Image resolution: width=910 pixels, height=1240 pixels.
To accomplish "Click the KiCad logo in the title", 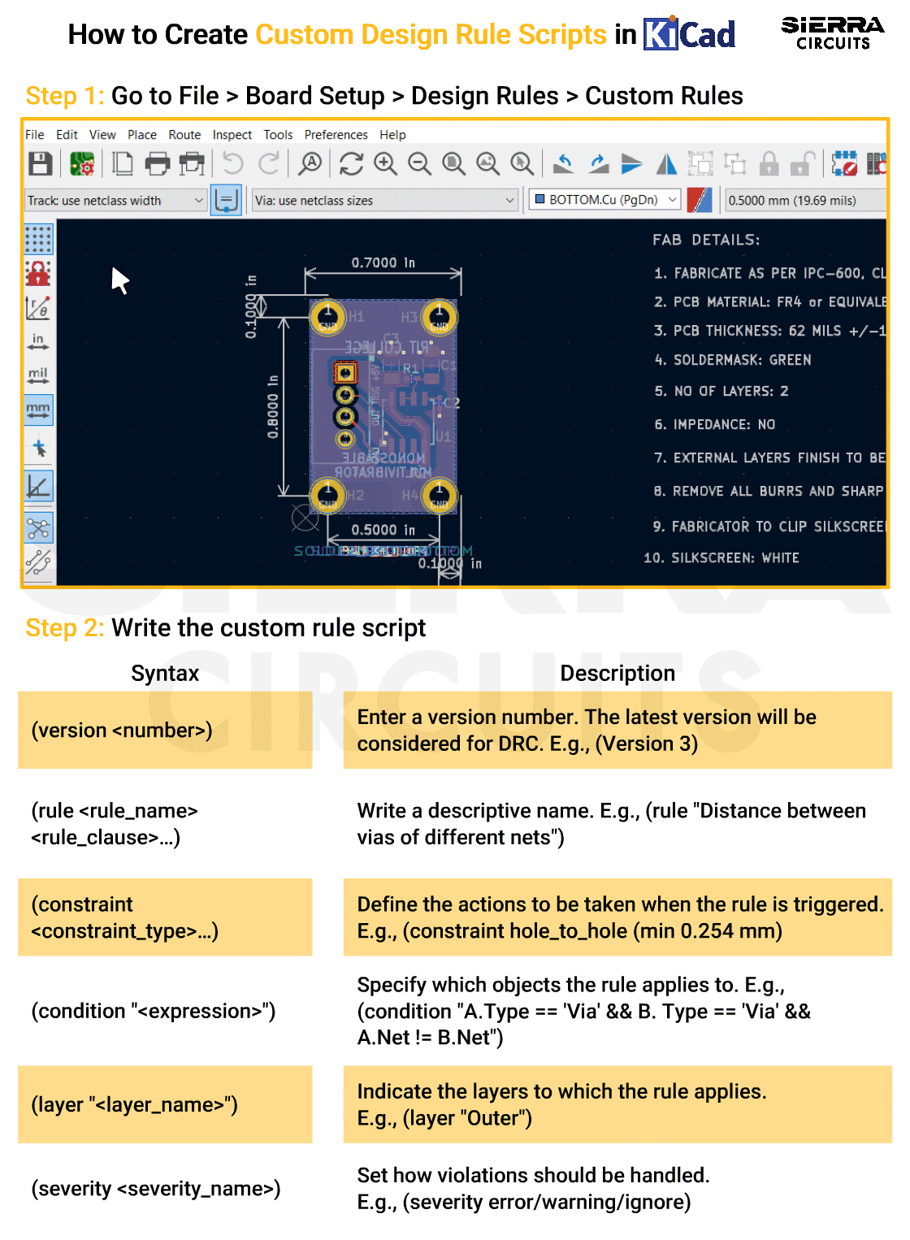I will [689, 34].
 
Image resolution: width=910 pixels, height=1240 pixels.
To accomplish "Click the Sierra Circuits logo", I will [832, 33].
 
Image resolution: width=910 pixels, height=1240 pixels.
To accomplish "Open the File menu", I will [35, 135].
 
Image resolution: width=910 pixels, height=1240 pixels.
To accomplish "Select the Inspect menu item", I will [232, 135].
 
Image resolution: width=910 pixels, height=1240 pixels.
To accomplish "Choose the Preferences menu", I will [336, 135].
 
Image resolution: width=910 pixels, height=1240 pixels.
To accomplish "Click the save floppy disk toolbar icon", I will [41, 164].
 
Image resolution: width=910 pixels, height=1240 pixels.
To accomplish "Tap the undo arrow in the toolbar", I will [233, 164].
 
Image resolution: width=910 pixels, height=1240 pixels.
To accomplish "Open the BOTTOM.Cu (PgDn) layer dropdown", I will [605, 200].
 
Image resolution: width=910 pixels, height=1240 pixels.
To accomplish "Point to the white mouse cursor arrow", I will [119, 280].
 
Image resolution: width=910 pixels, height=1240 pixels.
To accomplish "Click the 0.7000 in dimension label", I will [383, 262].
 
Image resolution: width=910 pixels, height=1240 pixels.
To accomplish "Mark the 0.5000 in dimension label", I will [383, 530].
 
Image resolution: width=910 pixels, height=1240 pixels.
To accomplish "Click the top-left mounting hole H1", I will [328, 316].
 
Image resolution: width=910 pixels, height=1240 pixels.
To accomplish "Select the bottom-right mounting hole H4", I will [439, 494].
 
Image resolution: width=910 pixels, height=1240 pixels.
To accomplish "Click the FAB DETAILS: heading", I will [705, 240].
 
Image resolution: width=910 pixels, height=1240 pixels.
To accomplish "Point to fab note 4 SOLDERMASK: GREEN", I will [733, 360].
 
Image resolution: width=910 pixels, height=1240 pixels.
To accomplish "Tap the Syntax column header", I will [165, 673].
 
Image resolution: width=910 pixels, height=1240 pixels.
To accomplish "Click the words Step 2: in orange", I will [65, 628].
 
